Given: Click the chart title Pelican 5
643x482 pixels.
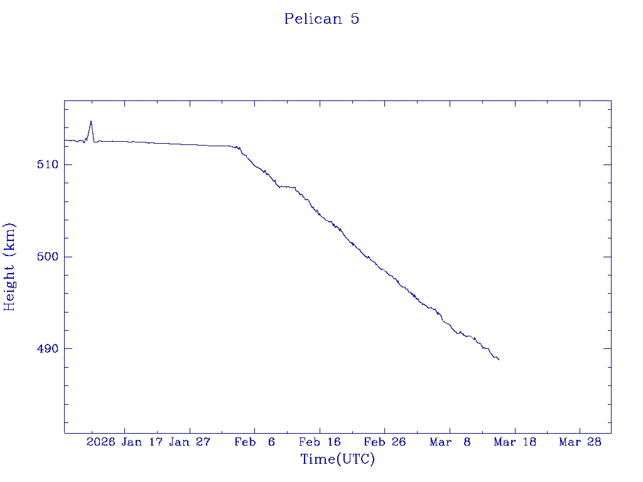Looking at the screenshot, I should tap(321, 19).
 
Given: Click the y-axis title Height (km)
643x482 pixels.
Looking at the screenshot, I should tap(9, 267).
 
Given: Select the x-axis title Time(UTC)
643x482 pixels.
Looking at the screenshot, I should tap(338, 459).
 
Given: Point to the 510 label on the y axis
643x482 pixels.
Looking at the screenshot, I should tap(48, 165).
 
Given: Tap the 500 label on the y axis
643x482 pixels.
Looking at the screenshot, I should tap(48, 257).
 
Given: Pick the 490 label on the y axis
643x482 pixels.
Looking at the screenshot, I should tap(48, 349).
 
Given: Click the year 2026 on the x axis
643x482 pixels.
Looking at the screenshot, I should tap(100, 442).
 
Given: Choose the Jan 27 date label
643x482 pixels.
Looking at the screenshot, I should tap(190, 442).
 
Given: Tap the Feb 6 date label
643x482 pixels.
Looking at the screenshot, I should tap(255, 442).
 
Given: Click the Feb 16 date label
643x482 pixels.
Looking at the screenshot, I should tap(320, 442).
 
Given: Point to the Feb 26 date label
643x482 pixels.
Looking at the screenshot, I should tap(385, 442).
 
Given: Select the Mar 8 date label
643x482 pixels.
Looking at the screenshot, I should tap(450, 442).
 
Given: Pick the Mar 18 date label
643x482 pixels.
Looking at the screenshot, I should tap(515, 442).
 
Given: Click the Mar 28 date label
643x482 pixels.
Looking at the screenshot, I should tap(580, 442).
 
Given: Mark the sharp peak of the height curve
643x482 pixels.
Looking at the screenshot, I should tap(91, 121).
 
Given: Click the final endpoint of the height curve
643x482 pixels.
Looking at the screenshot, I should tap(499, 360).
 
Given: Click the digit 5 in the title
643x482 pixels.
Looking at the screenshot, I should tap(355, 19).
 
